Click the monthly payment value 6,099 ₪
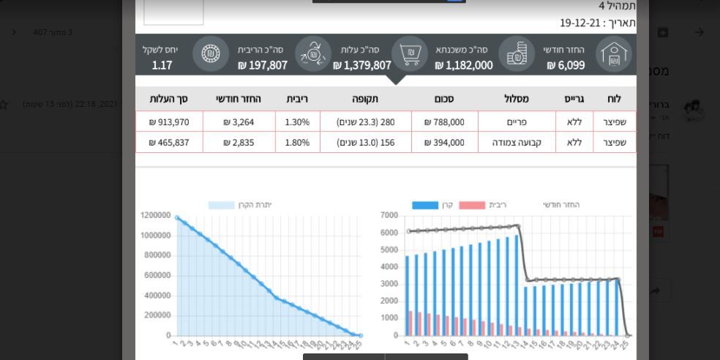click(x=566, y=65)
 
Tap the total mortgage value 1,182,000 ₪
click(x=464, y=65)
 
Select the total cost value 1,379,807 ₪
click(x=362, y=65)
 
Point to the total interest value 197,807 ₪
click(x=263, y=65)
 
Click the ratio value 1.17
click(x=162, y=65)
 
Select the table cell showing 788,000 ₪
click(x=444, y=122)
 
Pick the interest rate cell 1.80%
click(x=297, y=143)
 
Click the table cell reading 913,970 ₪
click(x=169, y=122)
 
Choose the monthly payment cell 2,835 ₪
click(x=239, y=143)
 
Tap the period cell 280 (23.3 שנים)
click(x=365, y=122)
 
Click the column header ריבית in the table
click(x=297, y=99)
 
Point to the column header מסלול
click(x=517, y=99)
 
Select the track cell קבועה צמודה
click(x=517, y=143)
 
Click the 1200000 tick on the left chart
click(x=156, y=216)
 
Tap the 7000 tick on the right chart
click(x=389, y=216)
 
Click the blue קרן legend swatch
click(x=425, y=205)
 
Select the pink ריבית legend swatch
click(x=472, y=205)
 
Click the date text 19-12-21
click(x=581, y=23)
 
